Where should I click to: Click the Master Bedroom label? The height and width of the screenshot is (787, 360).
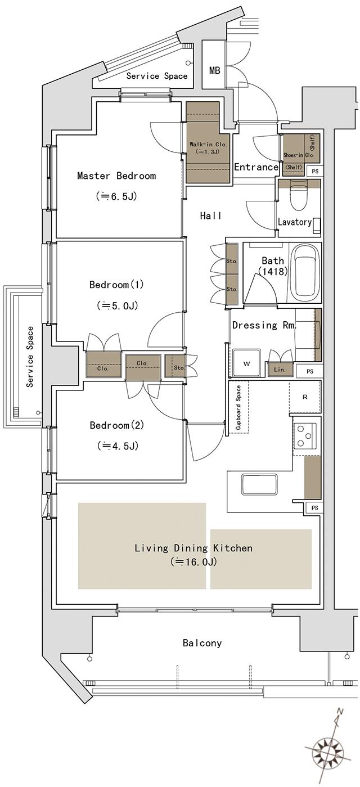tap(116, 176)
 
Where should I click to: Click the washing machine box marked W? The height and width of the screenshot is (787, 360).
tap(246, 363)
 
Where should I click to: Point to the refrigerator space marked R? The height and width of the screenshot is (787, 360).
tap(305, 397)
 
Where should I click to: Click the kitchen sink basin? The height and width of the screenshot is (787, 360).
tap(259, 485)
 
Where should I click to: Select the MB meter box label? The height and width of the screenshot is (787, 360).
tap(215, 70)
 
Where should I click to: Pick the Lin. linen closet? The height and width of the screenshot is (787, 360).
tap(280, 369)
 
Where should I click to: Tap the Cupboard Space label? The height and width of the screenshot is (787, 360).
tap(238, 407)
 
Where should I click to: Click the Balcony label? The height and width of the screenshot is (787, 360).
tap(202, 643)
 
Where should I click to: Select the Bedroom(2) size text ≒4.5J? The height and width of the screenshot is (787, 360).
tap(118, 446)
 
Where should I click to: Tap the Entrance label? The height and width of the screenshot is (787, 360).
tap(256, 167)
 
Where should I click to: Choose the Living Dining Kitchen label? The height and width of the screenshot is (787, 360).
tap(193, 548)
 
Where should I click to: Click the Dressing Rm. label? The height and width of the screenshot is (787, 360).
tap(264, 325)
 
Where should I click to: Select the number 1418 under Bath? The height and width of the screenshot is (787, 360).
tap(273, 271)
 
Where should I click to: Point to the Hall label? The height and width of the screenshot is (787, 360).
tap(211, 215)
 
